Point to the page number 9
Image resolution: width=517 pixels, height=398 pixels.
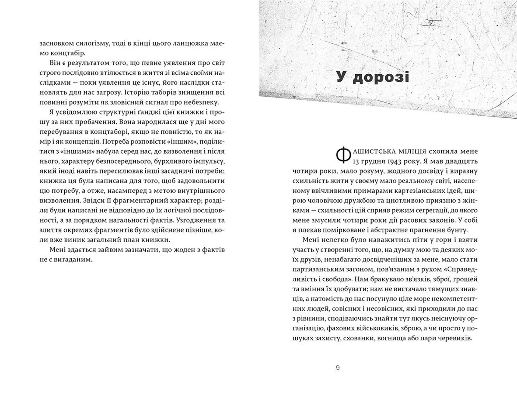[338, 368]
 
